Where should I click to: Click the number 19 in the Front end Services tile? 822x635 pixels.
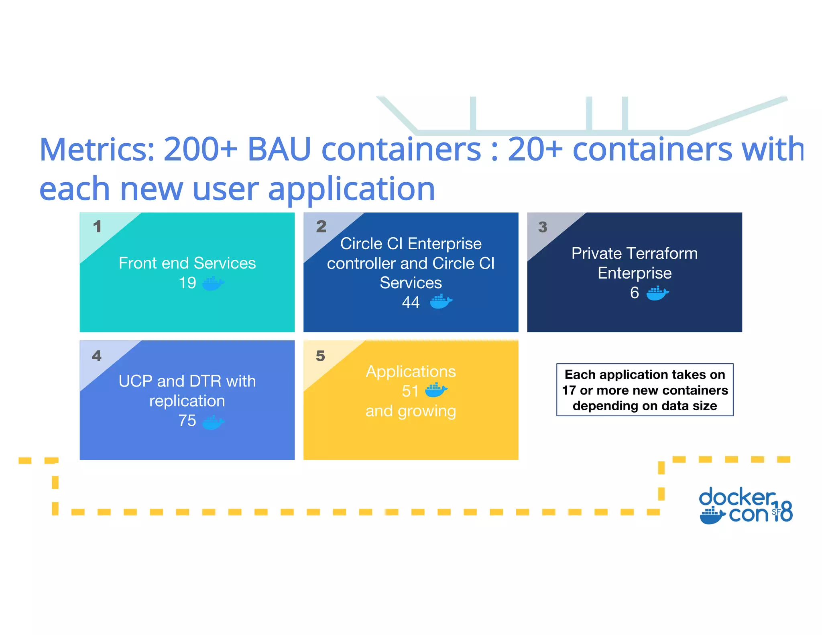pos(187,283)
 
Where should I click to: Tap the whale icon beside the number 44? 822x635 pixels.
pos(441,301)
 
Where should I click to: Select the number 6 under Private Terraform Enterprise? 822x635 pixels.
pos(634,293)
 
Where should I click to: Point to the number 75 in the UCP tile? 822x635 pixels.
pos(187,421)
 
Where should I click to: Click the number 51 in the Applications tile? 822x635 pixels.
pos(410,391)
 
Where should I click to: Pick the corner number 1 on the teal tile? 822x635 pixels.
pos(97,227)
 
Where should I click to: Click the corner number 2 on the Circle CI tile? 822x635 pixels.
pos(321,227)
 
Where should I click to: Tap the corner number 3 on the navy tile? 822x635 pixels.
pos(543,227)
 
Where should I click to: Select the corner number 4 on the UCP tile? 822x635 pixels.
pos(97,356)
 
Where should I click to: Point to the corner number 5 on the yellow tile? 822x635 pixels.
pos(320,356)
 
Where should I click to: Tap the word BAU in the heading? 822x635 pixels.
pos(279,149)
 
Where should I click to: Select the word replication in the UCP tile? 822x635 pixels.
pos(187,401)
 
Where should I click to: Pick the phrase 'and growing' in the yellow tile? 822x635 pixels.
pos(411,411)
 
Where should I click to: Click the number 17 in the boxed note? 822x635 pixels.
pos(569,390)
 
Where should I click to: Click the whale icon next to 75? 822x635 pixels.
pos(213,422)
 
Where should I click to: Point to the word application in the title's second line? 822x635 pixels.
pos(351,189)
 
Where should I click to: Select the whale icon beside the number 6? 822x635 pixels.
pos(657,293)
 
